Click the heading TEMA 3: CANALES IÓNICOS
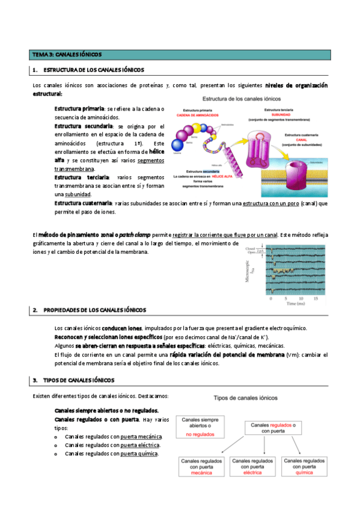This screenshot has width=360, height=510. pyautogui.click(x=67, y=55)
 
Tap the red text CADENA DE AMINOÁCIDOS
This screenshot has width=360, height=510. pyautogui.click(x=198, y=114)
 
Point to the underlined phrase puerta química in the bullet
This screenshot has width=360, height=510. pyautogui.click(x=139, y=453)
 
